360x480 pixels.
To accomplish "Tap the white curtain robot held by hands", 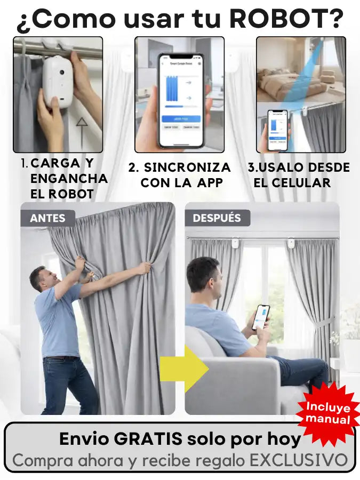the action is click(x=58, y=82).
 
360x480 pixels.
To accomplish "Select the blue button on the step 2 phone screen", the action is click(x=181, y=118).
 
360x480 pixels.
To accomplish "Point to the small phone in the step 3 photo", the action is click(x=278, y=130).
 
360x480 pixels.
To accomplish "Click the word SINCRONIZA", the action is click(x=187, y=167).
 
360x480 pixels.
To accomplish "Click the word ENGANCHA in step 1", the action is click(x=69, y=179).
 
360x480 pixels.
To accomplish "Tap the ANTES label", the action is click(x=48, y=218).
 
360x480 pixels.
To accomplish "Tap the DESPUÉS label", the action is click(x=217, y=218).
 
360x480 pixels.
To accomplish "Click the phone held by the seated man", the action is click(x=261, y=317).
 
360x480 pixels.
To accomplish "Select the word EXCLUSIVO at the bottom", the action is click(x=299, y=460).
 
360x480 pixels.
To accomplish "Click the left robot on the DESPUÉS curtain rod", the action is click(x=235, y=243).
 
